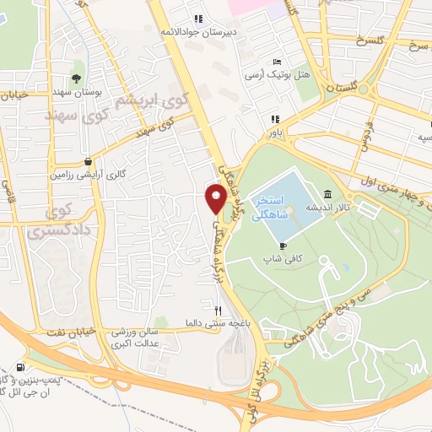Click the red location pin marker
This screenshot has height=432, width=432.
[215, 198]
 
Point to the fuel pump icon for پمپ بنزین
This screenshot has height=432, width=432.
[19, 368]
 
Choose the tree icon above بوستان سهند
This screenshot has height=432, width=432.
[76, 78]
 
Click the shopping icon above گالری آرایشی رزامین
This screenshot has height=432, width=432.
[89, 161]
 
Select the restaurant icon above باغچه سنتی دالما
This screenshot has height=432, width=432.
[219, 310]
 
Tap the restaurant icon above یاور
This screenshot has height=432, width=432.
[274, 119]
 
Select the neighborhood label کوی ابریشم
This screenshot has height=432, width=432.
[135, 102]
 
